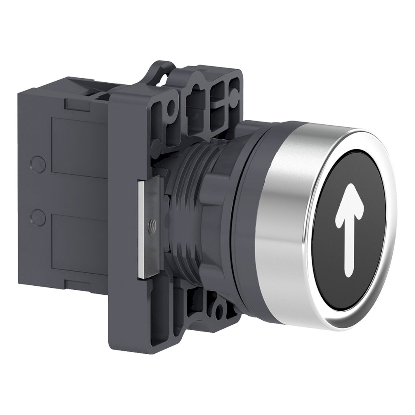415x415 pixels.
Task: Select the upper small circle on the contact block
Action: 36,162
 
